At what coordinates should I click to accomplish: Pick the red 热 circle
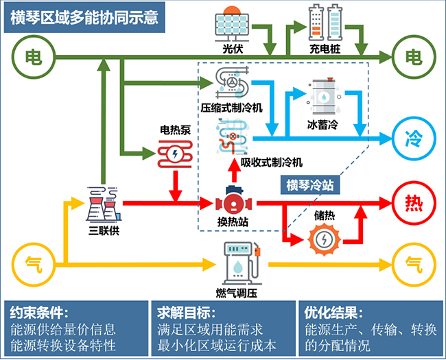pyautogui.click(x=414, y=202)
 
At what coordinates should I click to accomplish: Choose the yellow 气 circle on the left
pyautogui.click(x=32, y=263)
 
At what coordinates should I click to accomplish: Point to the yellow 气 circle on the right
pyautogui.click(x=414, y=263)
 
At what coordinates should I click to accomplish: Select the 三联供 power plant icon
pyautogui.click(x=104, y=202)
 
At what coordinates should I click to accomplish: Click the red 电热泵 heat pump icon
pyautogui.click(x=176, y=152)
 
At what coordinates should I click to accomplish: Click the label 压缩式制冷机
pyautogui.click(x=232, y=108)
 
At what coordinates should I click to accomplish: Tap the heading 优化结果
pyautogui.click(x=333, y=313)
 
